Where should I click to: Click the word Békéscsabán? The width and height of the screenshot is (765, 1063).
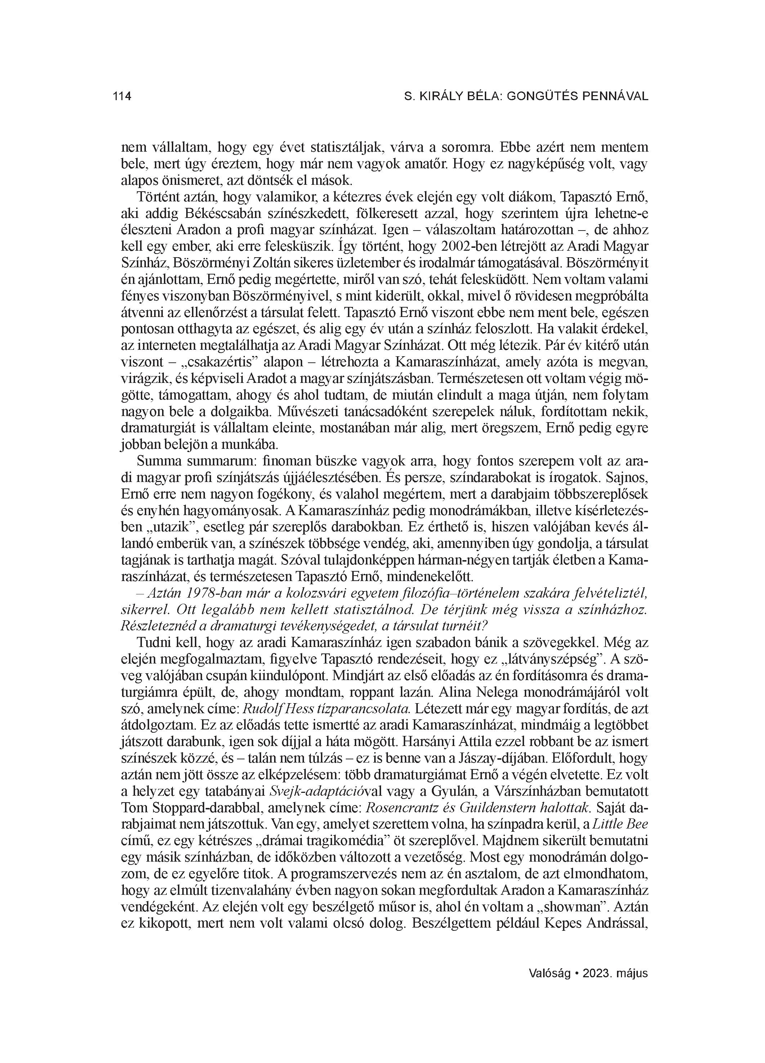click(x=218, y=214)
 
